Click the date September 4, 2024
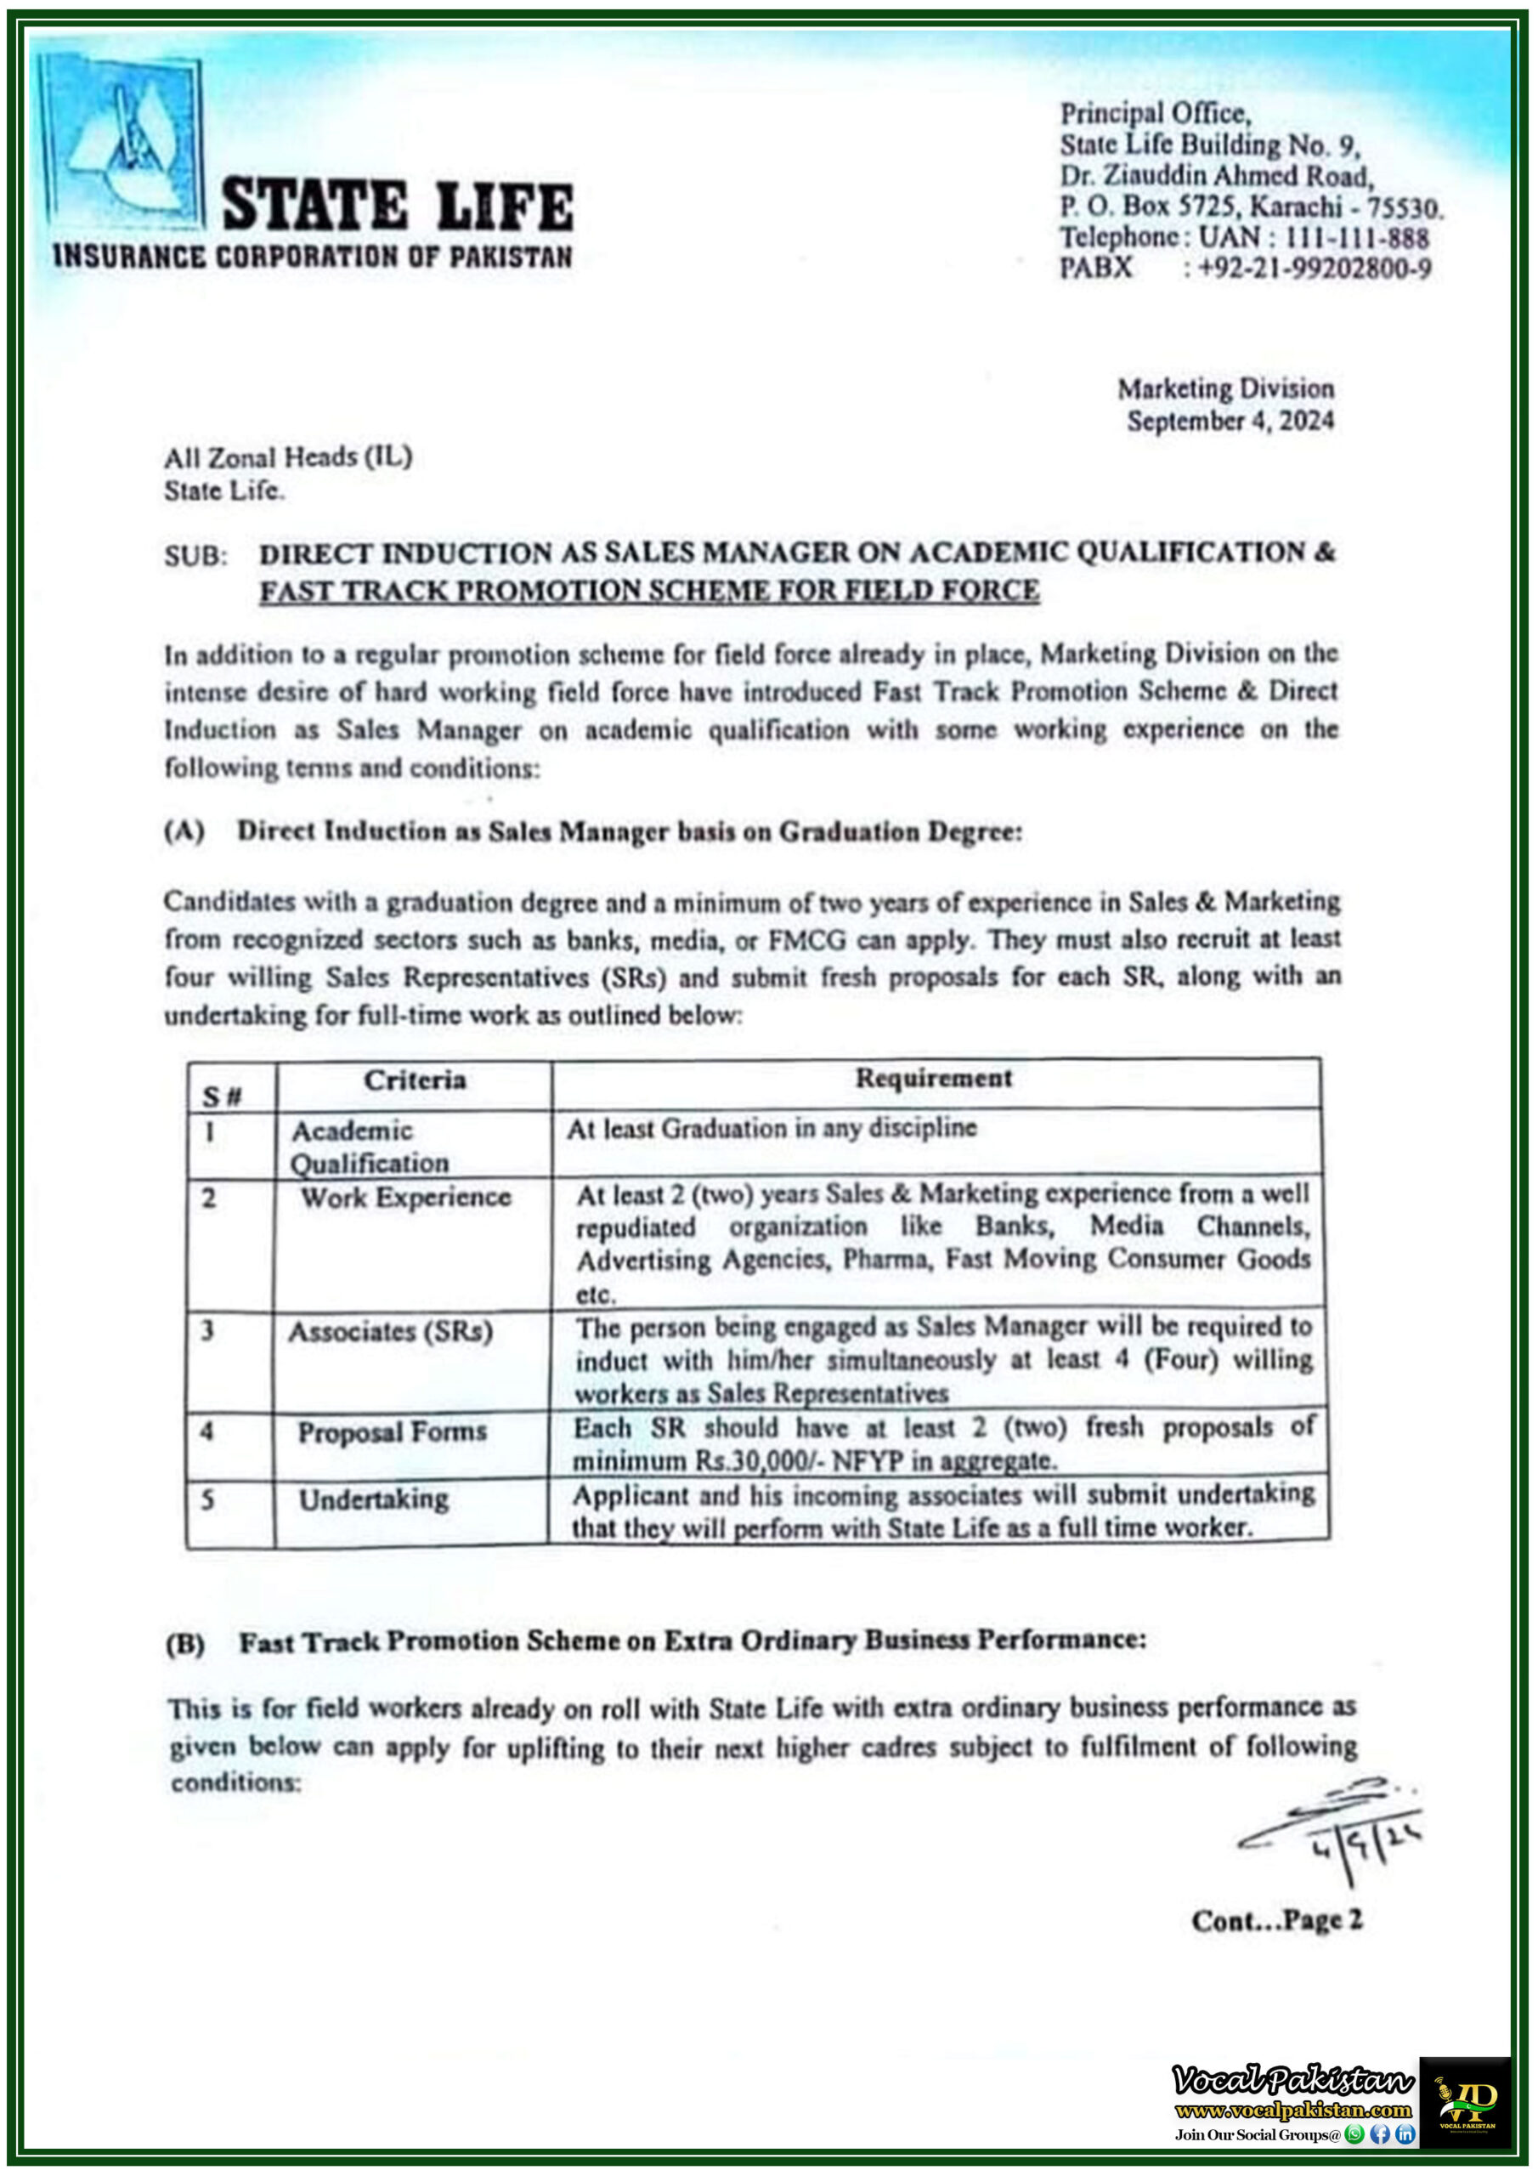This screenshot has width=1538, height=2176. tap(1230, 421)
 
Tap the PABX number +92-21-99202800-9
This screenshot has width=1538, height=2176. tap(1314, 269)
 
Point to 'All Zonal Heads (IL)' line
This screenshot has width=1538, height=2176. tap(288, 458)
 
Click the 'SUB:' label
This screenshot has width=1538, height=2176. tap(195, 555)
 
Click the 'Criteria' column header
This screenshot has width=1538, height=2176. tap(414, 1080)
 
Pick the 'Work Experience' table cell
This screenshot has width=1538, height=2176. tap(405, 1197)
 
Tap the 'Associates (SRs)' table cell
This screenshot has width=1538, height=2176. tap(390, 1332)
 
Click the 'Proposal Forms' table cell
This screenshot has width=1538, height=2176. tap(393, 1431)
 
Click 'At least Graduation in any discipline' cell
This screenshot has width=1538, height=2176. tap(772, 1128)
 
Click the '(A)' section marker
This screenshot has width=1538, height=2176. tap(184, 831)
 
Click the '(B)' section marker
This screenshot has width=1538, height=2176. tap(184, 1643)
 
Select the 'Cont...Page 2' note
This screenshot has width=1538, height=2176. tap(1276, 1921)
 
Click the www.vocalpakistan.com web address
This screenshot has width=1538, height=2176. tap(1292, 2110)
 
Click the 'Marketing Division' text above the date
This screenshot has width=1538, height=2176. tap(1225, 388)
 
